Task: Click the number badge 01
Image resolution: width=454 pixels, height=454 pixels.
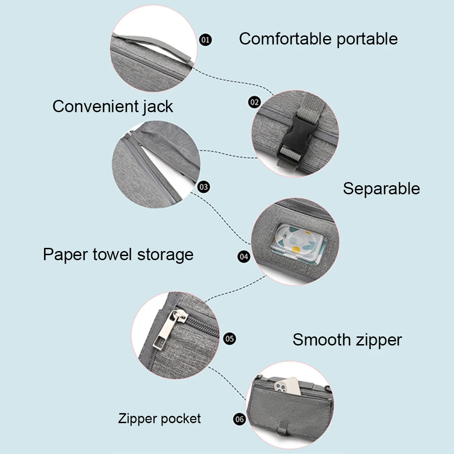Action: click(206, 40)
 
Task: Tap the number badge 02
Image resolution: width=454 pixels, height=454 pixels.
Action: click(254, 102)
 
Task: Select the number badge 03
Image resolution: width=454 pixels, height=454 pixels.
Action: click(204, 187)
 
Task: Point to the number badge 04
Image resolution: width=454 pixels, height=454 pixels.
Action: click(244, 257)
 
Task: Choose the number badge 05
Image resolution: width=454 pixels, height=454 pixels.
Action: click(230, 338)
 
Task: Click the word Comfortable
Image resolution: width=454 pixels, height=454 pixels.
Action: click(285, 39)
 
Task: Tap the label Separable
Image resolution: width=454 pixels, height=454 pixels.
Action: click(381, 188)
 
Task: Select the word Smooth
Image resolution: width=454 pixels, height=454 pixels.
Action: click(322, 340)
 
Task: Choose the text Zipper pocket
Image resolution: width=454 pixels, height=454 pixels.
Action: click(159, 418)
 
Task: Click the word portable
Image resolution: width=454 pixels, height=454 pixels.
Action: click(367, 39)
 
